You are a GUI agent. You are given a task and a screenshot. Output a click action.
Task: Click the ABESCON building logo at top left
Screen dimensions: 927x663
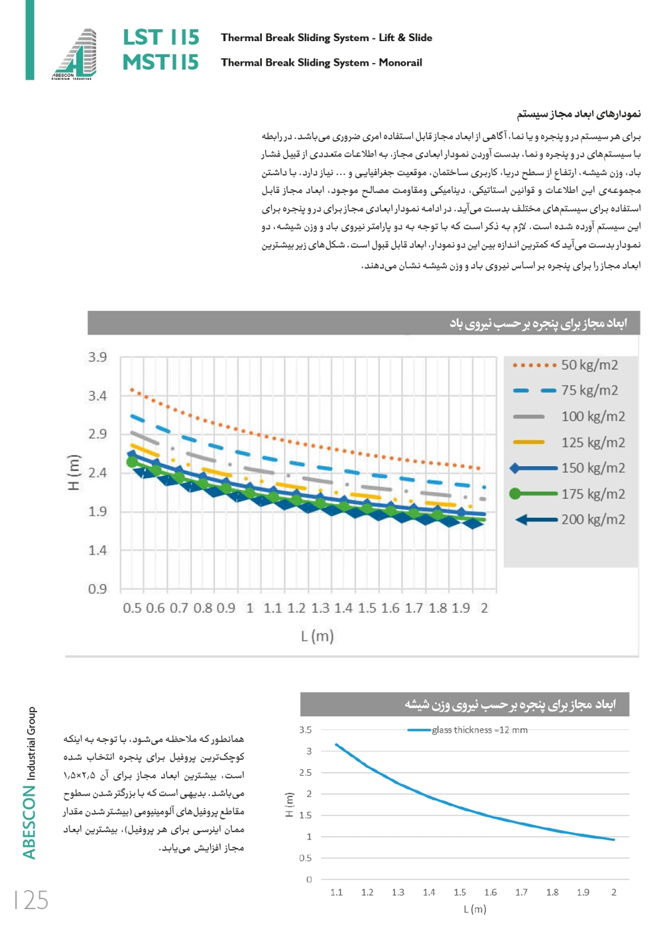tap(75, 54)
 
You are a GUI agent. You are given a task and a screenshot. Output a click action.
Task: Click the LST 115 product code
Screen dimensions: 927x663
tap(160, 37)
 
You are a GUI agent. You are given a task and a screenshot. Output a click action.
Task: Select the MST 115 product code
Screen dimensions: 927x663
tap(160, 62)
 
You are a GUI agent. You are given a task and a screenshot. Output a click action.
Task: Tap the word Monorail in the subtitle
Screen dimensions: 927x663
tap(400, 62)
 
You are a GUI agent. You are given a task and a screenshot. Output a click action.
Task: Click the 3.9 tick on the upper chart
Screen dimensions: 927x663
tap(97, 357)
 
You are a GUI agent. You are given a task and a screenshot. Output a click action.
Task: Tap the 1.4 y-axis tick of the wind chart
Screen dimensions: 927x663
tap(97, 550)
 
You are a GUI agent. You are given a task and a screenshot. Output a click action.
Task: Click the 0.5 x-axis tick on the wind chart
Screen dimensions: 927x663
tap(132, 608)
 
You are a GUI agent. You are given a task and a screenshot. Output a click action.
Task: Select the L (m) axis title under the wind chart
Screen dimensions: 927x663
tap(317, 636)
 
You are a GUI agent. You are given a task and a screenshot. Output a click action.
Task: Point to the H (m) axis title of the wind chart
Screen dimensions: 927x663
tap(74, 472)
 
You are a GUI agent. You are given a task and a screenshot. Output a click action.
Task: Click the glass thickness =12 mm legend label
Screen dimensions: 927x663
tap(479, 730)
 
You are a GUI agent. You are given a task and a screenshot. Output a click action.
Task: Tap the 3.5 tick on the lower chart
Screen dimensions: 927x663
tap(305, 730)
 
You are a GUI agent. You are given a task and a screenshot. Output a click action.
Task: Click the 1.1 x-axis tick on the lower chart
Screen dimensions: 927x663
tap(337, 893)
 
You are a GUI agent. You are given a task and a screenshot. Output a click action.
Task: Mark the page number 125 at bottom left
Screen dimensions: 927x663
tap(32, 900)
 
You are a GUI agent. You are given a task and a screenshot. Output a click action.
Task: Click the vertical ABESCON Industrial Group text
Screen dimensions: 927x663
tap(30, 782)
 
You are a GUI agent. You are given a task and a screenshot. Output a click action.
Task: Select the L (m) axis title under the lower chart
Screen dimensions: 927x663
tap(475, 909)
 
